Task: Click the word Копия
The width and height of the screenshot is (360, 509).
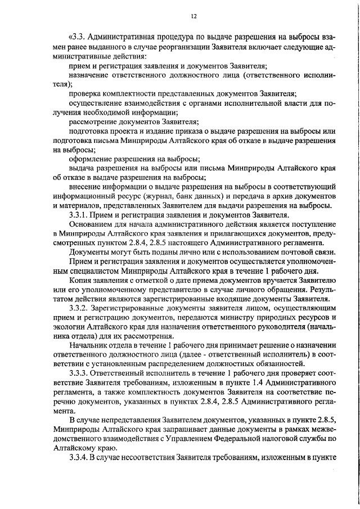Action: coord(80,280)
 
